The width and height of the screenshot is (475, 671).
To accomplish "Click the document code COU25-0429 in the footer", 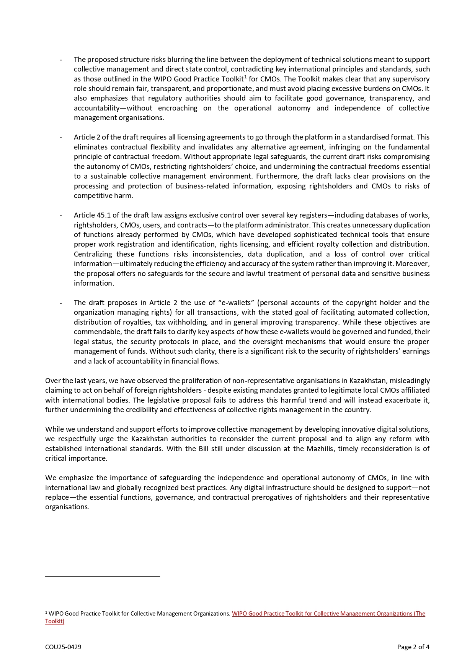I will point(63,647).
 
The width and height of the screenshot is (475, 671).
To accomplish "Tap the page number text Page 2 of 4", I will point(413,647).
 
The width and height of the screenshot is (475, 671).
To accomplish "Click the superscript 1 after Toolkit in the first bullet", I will point(245,77).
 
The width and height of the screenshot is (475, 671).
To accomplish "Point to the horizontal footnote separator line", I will point(102,576).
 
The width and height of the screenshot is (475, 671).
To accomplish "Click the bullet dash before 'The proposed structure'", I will point(61,60).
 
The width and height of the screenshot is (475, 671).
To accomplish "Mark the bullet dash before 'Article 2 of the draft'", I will point(61,137).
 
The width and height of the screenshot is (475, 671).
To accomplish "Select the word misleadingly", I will point(410,381).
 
